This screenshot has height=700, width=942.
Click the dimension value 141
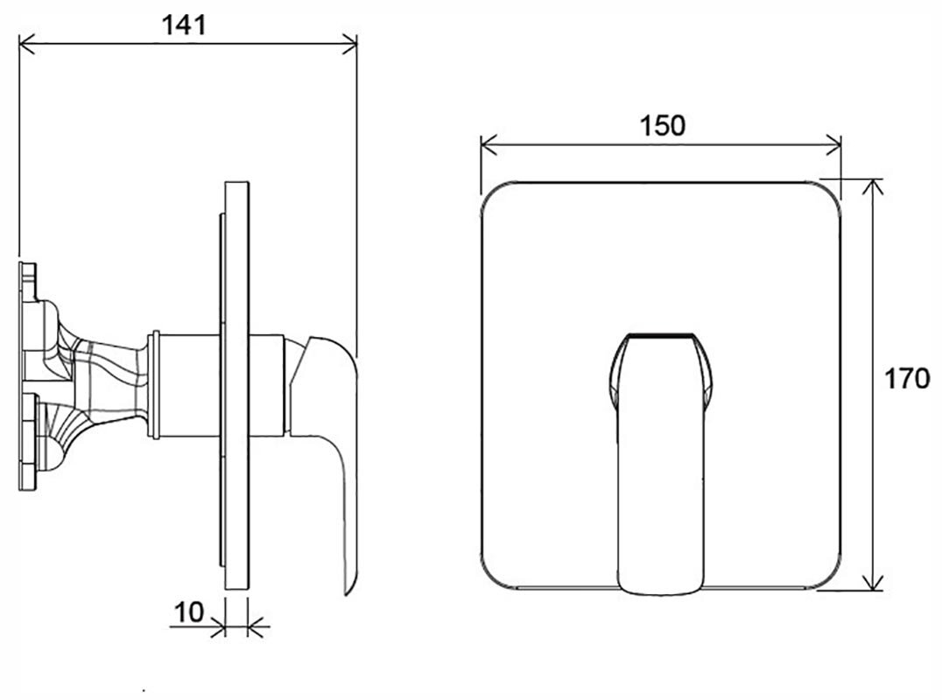point(184,24)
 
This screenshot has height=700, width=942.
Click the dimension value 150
point(662,126)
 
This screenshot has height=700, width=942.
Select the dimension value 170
point(907,380)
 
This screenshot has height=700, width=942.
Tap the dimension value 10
point(188,612)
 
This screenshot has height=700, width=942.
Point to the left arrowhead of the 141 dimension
point(26,44)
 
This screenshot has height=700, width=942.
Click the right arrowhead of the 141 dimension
point(349,44)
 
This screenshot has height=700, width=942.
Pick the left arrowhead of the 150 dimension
point(489,144)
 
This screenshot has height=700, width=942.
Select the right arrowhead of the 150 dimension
point(833,144)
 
